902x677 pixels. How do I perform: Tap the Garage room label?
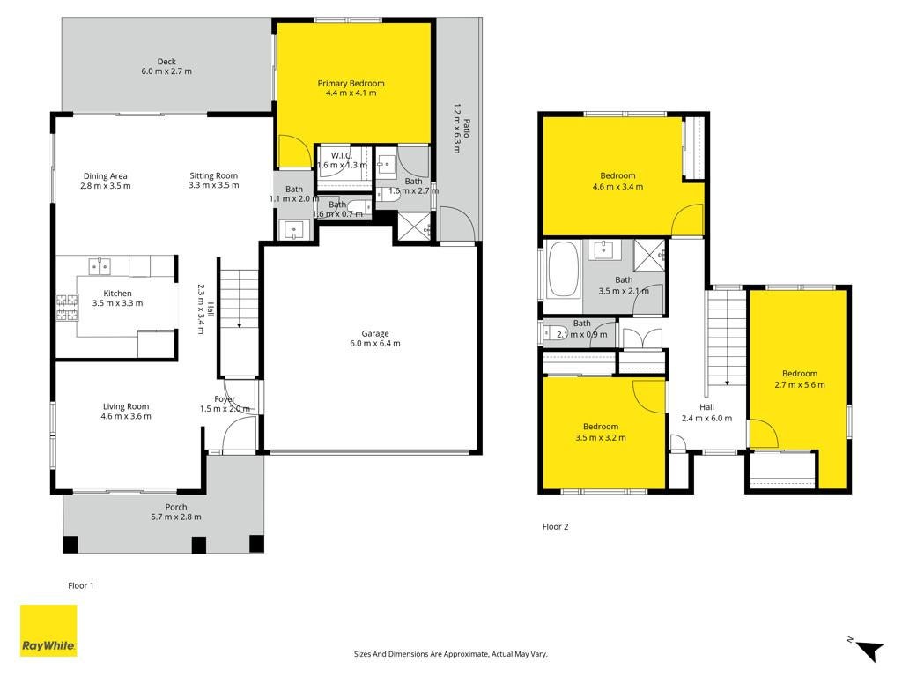(375, 333)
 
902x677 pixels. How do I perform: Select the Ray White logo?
(48, 630)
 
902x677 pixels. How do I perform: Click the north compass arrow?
(869, 651)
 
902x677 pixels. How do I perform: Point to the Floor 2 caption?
(555, 526)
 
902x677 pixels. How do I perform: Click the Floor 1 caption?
(80, 585)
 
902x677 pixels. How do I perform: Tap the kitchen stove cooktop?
(67, 307)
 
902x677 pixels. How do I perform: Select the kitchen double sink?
(100, 266)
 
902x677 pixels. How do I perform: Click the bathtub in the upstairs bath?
(564, 270)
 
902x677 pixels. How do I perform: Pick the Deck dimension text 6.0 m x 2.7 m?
(166, 71)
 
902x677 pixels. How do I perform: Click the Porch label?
(176, 507)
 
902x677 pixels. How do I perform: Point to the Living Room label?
(126, 406)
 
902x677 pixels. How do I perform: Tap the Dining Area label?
(106, 176)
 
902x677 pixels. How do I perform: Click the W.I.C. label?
(342, 155)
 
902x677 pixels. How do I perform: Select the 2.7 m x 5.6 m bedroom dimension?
(800, 385)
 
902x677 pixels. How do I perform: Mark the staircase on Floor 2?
(727, 338)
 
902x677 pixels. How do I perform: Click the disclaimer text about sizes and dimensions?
(450, 654)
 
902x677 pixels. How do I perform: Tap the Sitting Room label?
(213, 175)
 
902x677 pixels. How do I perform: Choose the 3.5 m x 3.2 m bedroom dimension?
(601, 437)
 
